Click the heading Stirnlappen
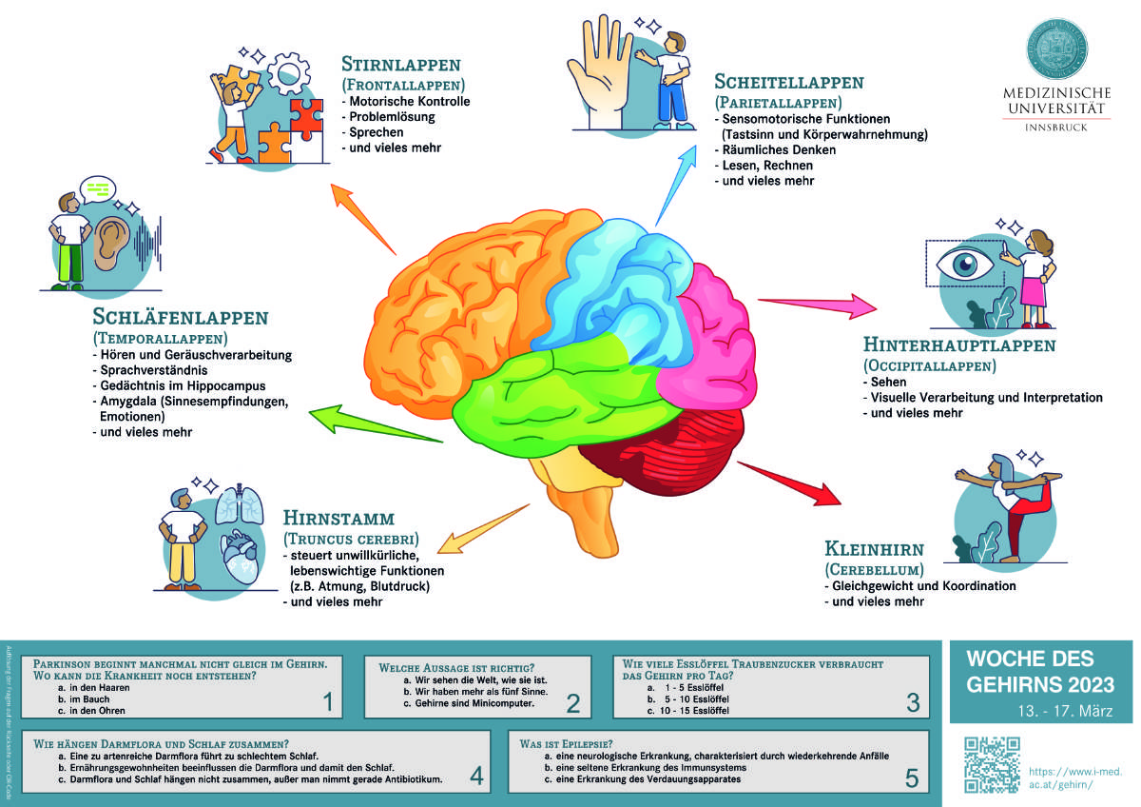[400, 66]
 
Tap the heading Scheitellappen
[788, 83]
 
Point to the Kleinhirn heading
[876, 549]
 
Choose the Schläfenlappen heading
[181, 317]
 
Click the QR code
[992, 763]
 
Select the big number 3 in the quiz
[913, 703]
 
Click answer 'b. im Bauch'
[84, 699]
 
